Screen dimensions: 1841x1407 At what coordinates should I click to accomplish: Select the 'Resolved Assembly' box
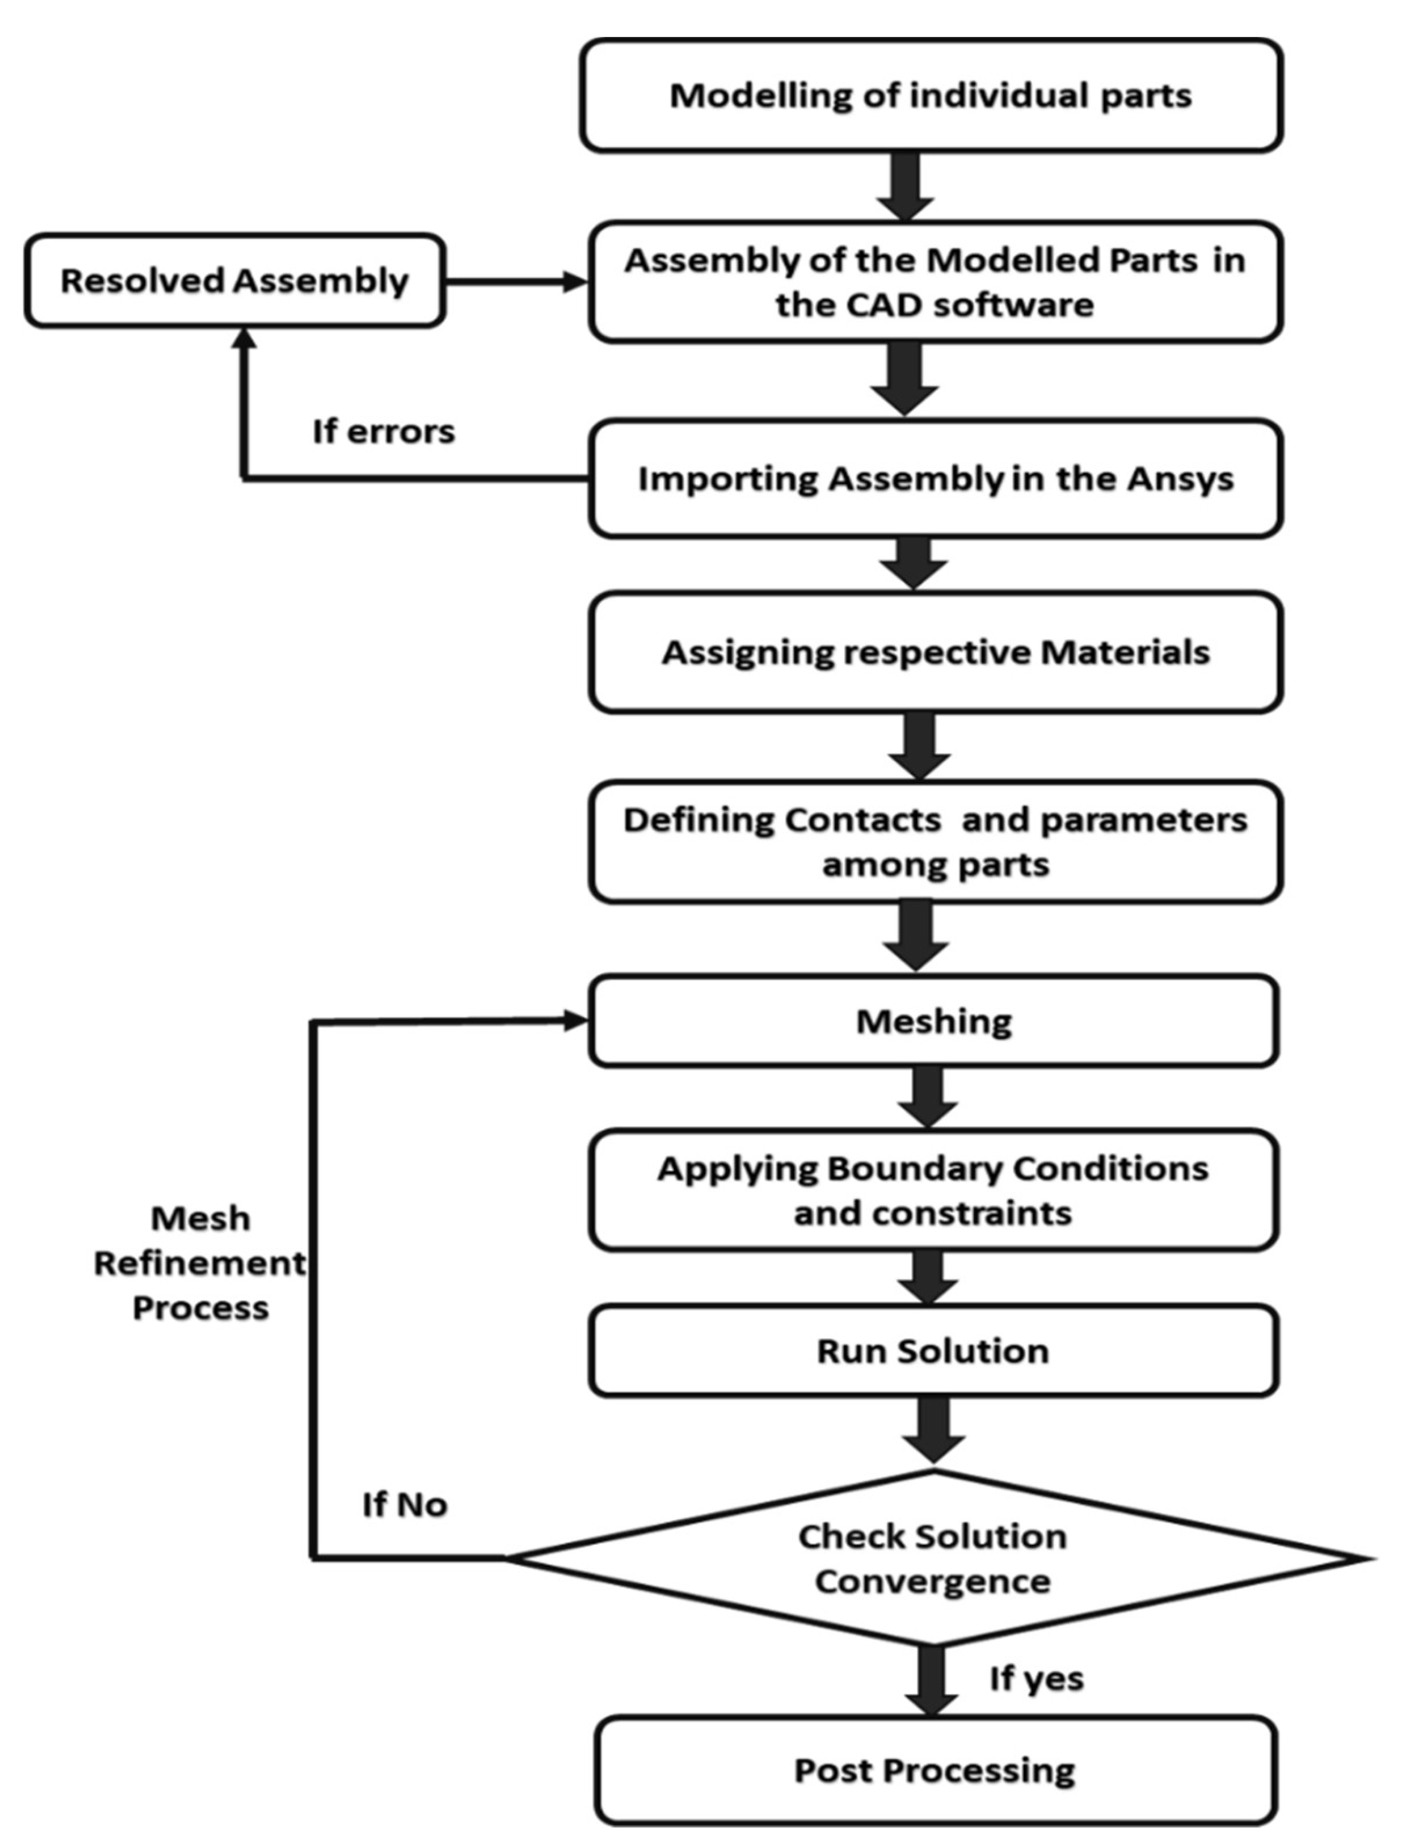234,281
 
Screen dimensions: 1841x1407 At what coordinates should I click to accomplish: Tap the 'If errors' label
383,432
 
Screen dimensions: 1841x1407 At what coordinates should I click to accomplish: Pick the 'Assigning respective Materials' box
936,652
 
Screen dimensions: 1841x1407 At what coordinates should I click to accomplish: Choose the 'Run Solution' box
933,1351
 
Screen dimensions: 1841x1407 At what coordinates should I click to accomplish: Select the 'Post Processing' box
935,1770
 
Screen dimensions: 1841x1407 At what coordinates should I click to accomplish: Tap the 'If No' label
405,1505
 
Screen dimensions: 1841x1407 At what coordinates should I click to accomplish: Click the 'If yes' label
1037,1679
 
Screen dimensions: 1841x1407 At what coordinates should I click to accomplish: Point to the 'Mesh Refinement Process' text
199,1263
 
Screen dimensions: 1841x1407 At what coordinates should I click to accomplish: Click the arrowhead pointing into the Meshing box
576,1021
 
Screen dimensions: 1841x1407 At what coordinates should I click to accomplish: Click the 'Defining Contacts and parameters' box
936,842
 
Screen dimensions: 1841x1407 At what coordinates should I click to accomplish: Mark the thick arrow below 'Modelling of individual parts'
906,186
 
